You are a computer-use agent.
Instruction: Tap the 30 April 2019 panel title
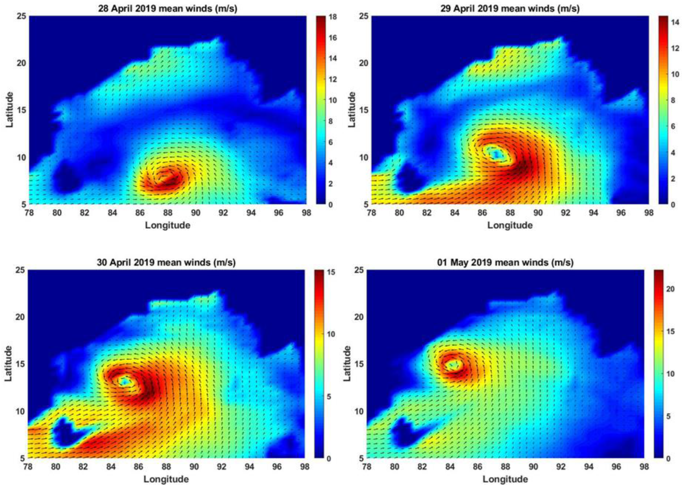[x=166, y=262]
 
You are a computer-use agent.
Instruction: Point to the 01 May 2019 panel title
[x=505, y=262]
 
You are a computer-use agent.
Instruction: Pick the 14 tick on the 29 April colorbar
[x=675, y=23]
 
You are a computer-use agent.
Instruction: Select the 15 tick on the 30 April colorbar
[x=331, y=272]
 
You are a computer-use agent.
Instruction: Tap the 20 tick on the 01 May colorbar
[x=670, y=289]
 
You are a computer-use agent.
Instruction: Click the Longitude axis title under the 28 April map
[x=168, y=225]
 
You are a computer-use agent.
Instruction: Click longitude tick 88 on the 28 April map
[x=168, y=213]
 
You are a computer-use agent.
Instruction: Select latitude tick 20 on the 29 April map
[x=364, y=63]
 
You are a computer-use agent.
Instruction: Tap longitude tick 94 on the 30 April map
[x=249, y=467]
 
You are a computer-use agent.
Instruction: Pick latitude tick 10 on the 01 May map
[x=359, y=411]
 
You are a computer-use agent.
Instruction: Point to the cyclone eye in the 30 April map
[x=124, y=381]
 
